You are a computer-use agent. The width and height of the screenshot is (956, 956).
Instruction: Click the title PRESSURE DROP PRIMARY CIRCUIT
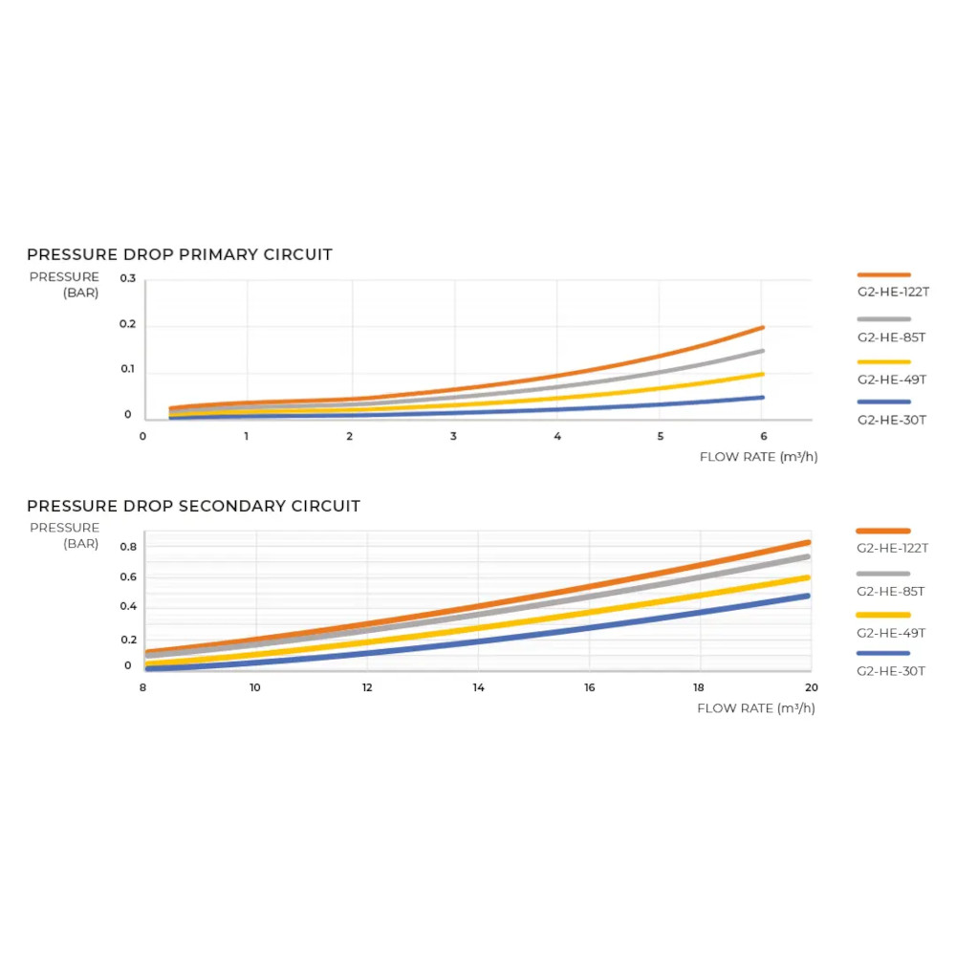tap(180, 255)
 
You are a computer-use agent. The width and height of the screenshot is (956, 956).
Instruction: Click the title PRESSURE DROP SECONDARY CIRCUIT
tap(193, 507)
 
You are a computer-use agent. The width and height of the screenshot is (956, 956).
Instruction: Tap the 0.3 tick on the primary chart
tap(128, 278)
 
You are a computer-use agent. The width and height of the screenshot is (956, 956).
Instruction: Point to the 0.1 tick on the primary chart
tap(128, 370)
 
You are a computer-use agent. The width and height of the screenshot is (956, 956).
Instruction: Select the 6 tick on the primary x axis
tap(762, 436)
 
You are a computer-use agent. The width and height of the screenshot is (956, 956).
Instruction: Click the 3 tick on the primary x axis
tap(453, 436)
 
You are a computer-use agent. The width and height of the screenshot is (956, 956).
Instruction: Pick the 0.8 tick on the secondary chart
tap(128, 547)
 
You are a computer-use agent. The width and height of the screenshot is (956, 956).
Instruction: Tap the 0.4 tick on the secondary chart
tap(128, 606)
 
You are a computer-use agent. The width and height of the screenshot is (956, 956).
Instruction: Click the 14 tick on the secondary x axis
tap(478, 687)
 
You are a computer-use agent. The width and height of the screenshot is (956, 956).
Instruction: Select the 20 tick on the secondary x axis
tap(811, 687)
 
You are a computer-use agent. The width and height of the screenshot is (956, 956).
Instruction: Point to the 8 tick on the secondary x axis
tap(142, 687)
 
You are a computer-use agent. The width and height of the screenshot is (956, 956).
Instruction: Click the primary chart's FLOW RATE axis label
tap(758, 457)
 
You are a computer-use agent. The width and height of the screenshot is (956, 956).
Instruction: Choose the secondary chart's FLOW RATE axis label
tap(756, 708)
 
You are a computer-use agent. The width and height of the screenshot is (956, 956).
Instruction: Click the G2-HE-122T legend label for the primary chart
tap(893, 292)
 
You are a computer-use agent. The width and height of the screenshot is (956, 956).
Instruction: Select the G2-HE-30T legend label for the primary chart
tap(891, 420)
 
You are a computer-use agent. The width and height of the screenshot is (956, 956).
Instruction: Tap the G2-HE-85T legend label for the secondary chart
tap(891, 591)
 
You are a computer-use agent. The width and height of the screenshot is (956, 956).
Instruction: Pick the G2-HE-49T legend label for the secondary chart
tap(891, 633)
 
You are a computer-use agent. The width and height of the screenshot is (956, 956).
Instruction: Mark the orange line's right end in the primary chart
tap(762, 328)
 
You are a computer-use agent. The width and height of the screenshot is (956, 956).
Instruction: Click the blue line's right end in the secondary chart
tap(808, 596)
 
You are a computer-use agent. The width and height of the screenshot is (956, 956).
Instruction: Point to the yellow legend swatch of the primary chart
tap(883, 362)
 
